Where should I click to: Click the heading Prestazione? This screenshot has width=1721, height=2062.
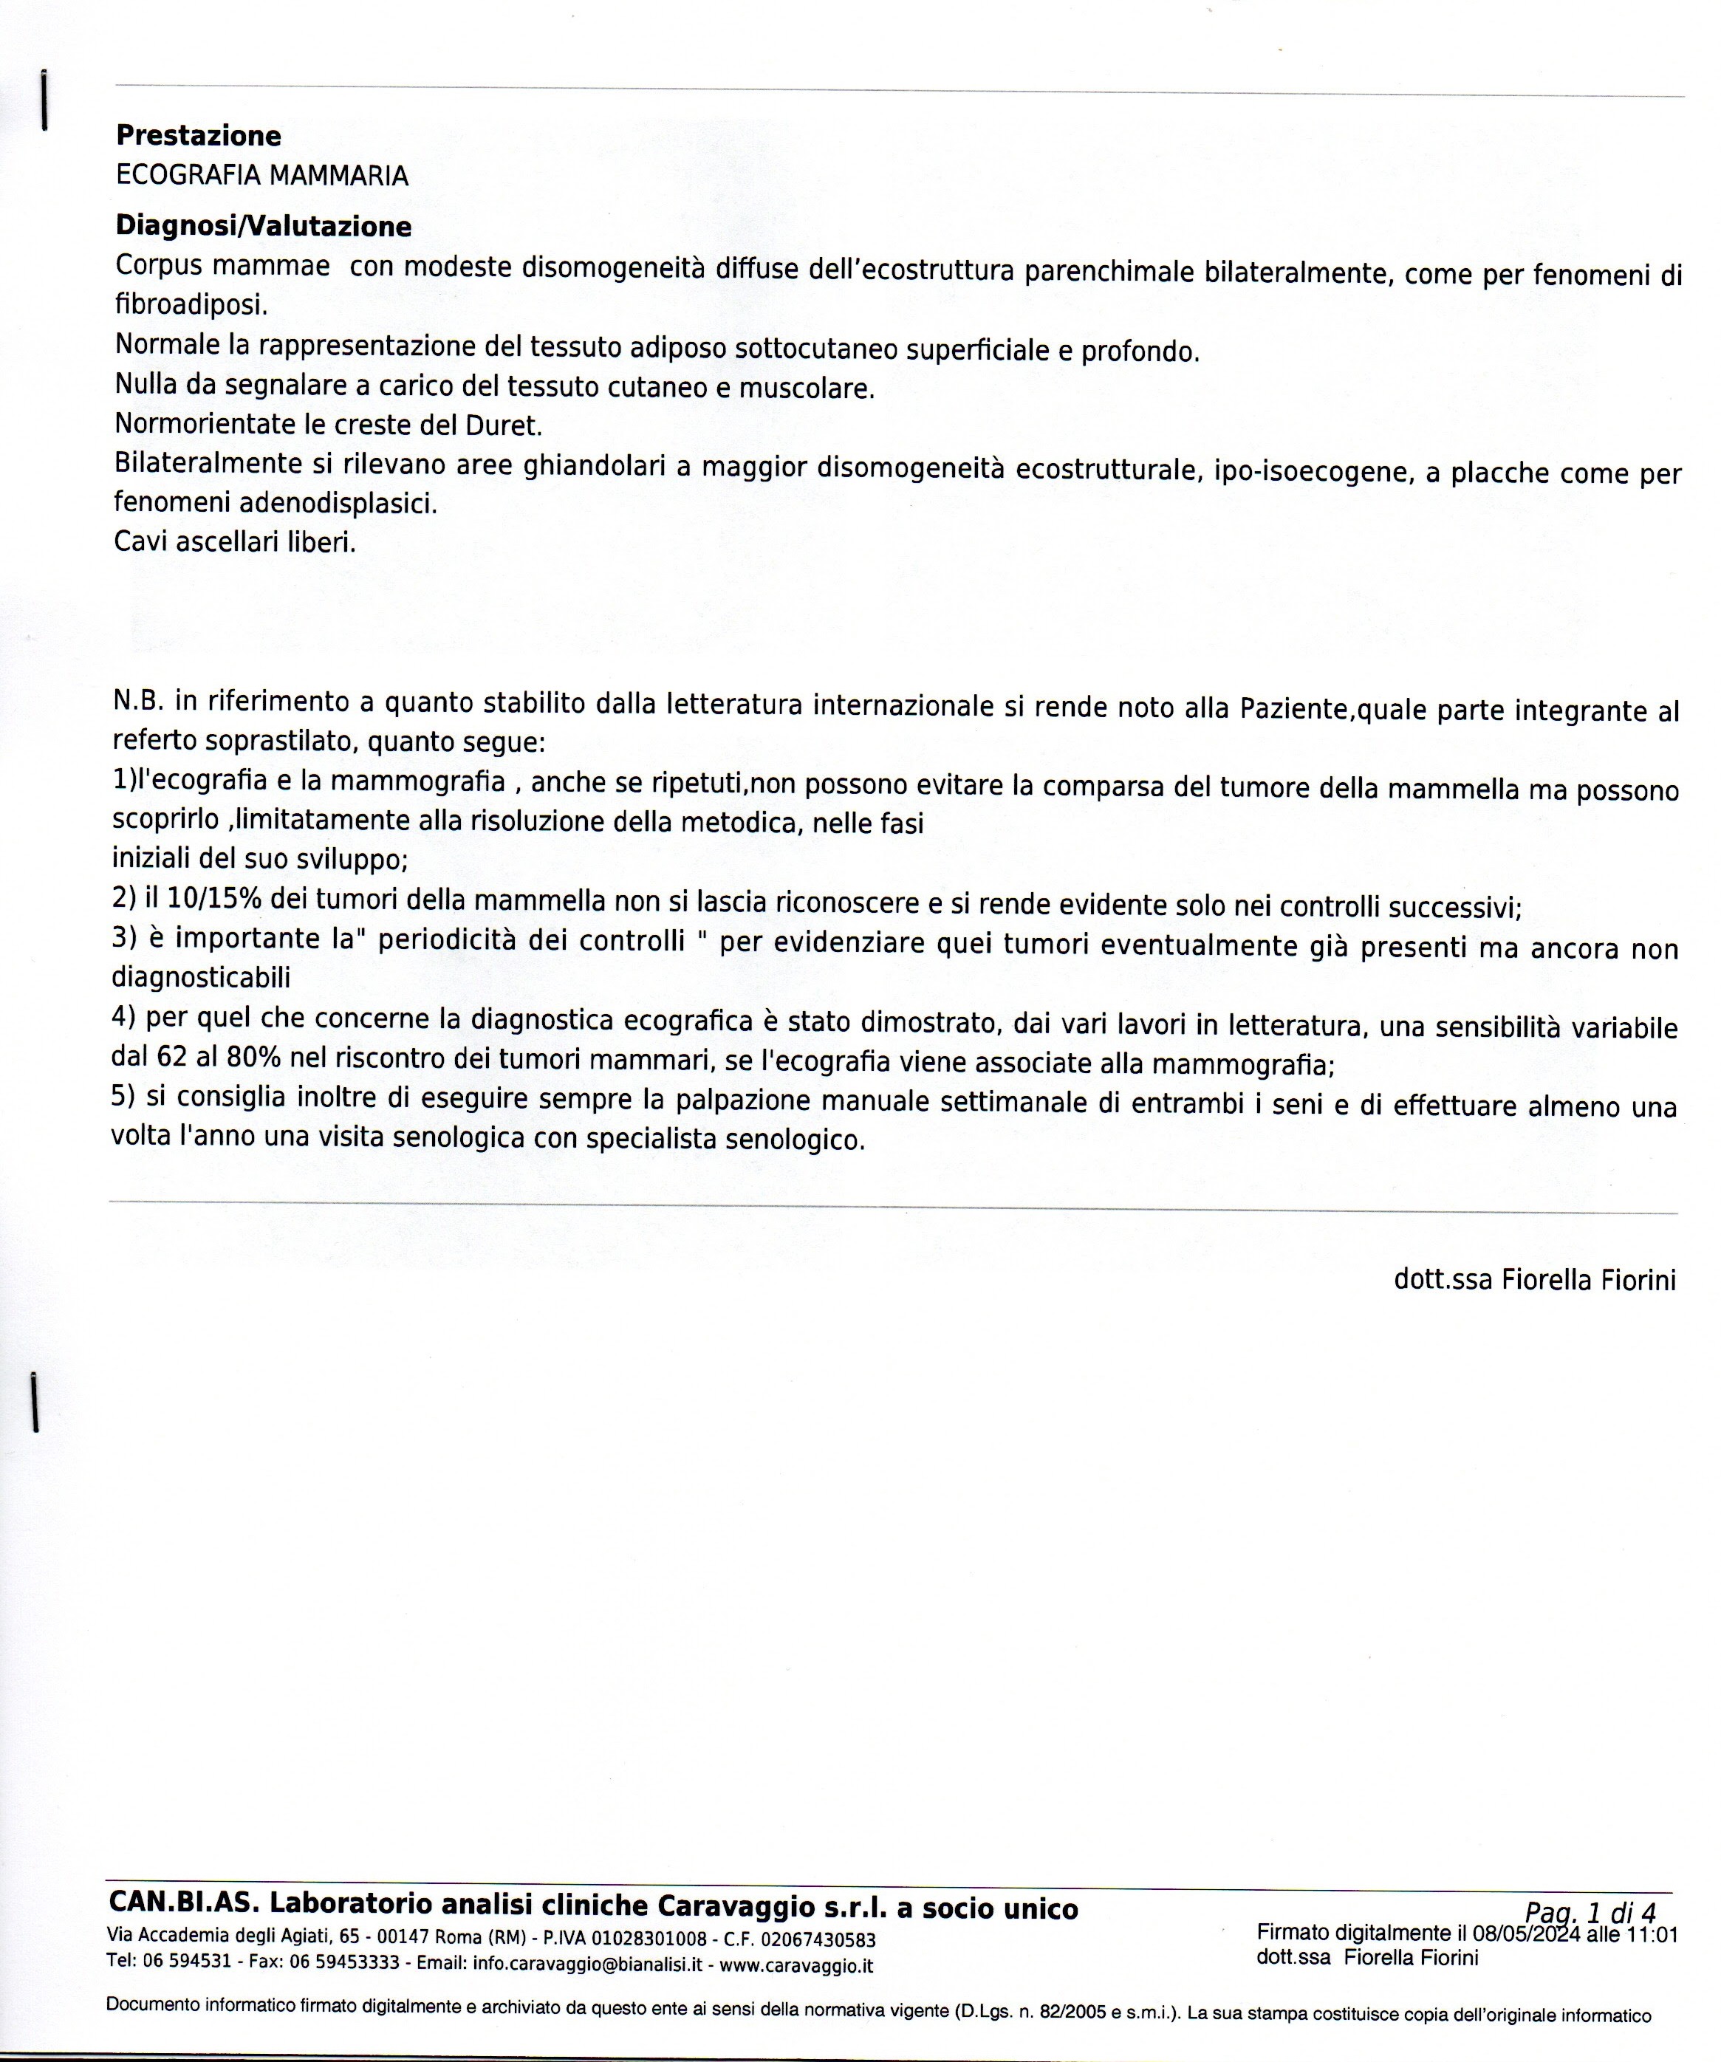click(198, 135)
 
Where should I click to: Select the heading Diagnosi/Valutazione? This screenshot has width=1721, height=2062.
click(263, 227)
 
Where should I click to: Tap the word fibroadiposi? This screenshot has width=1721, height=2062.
click(191, 305)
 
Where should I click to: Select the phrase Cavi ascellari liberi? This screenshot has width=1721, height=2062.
click(235, 542)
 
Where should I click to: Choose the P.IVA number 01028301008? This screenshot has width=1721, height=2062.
click(649, 1940)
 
